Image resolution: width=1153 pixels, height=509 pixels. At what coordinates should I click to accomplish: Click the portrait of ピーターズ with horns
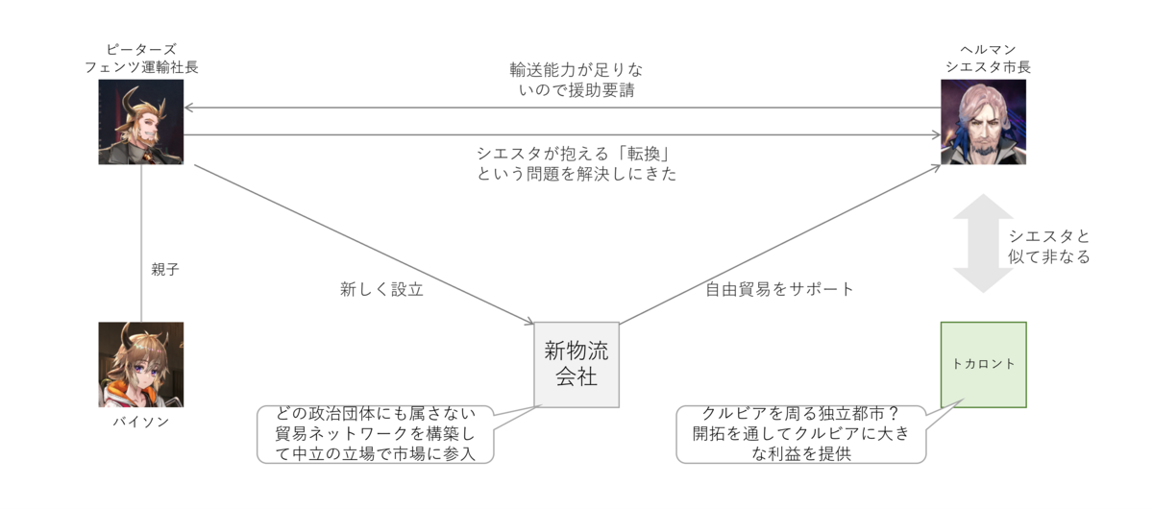(x=141, y=122)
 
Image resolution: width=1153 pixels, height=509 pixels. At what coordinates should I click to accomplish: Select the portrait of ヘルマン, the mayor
(x=983, y=122)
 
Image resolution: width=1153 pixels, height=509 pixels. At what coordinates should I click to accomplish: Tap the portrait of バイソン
(x=141, y=364)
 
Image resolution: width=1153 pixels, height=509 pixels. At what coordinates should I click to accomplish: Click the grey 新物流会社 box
(x=576, y=365)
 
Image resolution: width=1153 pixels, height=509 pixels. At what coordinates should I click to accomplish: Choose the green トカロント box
(x=984, y=365)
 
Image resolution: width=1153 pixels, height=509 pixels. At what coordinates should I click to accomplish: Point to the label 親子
(x=164, y=269)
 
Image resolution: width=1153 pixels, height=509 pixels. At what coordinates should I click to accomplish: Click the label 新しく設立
(x=381, y=289)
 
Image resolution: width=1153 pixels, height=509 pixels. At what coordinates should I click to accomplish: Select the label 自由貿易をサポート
(x=779, y=289)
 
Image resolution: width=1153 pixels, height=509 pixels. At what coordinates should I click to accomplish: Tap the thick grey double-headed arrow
(x=983, y=243)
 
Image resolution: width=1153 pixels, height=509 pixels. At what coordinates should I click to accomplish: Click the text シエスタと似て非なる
(x=1049, y=246)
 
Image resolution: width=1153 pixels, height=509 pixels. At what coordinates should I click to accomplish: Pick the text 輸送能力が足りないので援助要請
(x=576, y=80)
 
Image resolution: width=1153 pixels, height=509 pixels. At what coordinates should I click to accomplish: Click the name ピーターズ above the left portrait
(x=141, y=49)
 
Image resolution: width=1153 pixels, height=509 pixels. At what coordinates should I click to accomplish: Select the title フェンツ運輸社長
(x=141, y=67)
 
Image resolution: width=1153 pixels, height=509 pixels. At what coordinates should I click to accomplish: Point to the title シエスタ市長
(x=988, y=67)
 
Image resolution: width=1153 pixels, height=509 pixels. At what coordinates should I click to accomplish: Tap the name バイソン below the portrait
(x=141, y=422)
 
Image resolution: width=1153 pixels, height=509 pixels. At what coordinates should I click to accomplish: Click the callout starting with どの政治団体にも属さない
(x=376, y=434)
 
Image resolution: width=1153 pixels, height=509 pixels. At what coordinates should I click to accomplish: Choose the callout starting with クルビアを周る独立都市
(x=801, y=434)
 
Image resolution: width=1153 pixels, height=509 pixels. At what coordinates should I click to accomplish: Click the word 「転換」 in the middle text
(x=644, y=154)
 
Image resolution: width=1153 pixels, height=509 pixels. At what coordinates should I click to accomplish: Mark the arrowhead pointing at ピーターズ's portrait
(x=188, y=108)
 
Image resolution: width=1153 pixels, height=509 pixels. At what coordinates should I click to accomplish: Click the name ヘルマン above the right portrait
(x=988, y=49)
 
